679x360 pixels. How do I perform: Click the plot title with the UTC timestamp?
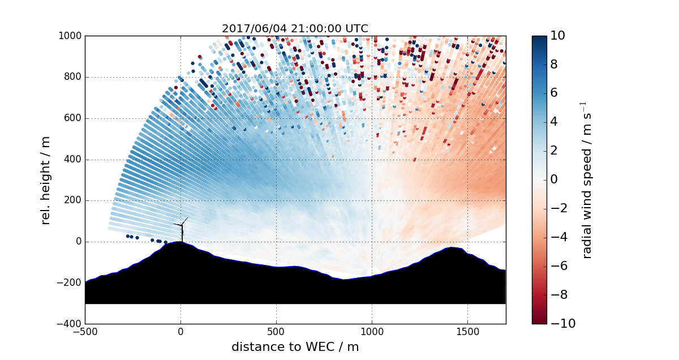coord(295,28)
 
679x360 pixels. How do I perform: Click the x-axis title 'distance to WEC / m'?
coord(295,346)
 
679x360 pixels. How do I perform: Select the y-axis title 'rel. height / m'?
coord(46,180)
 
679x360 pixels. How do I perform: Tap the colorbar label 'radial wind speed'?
coord(587,180)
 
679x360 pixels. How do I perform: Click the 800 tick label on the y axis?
coord(73,78)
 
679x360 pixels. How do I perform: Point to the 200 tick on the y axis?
coord(73,201)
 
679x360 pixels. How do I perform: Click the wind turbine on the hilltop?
coord(182,229)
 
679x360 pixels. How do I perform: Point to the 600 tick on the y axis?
coord(73,118)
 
